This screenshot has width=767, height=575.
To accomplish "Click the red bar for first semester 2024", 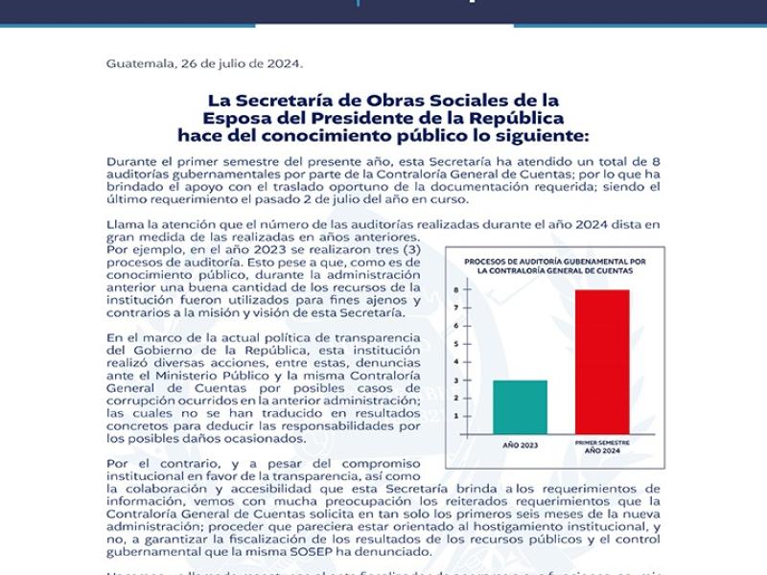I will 602,361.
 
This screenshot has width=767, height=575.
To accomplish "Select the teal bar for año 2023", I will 520,406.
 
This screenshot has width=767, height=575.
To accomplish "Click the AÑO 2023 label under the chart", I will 520,447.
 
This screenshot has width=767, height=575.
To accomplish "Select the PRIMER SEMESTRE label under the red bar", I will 602,443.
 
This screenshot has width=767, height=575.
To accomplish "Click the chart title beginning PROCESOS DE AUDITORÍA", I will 554,265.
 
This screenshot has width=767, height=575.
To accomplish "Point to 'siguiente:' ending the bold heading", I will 543,136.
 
